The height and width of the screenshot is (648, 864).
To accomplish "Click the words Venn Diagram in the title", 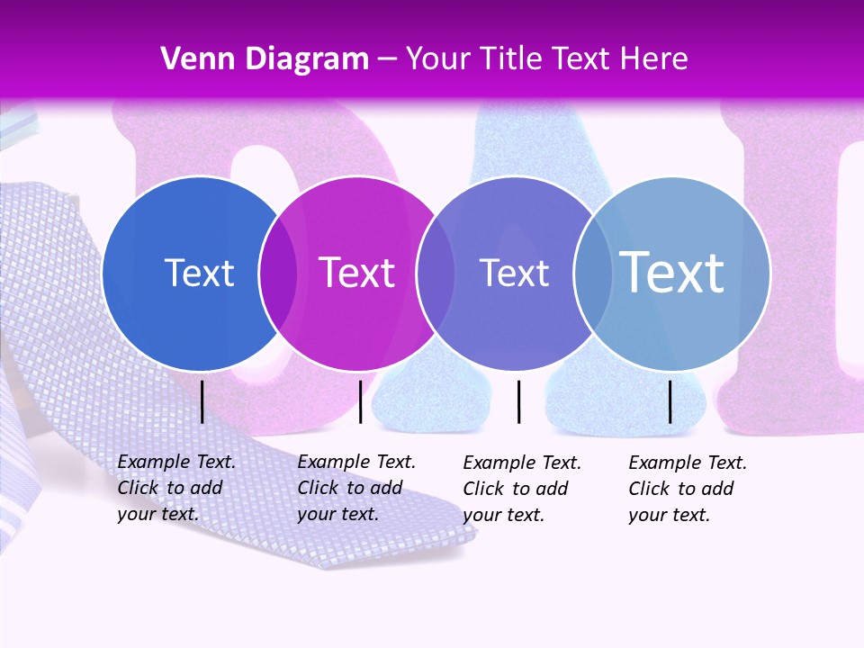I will pyautogui.click(x=265, y=59).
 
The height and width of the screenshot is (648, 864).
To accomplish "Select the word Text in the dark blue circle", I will pyautogui.click(x=199, y=273).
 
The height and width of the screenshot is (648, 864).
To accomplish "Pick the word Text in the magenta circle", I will pyautogui.click(x=357, y=273).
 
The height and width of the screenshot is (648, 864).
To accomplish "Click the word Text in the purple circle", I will pyautogui.click(x=514, y=273).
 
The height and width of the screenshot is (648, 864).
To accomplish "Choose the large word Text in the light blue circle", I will pyautogui.click(x=672, y=273).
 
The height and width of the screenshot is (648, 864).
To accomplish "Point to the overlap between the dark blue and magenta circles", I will pyautogui.click(x=278, y=273).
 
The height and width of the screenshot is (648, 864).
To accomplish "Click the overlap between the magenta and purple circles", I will pyautogui.click(x=436, y=273).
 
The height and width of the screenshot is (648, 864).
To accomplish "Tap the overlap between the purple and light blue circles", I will pyautogui.click(x=593, y=273).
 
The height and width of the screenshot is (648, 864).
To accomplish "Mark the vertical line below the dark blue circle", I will pyautogui.click(x=202, y=401).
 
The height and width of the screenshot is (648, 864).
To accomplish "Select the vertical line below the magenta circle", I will pyautogui.click(x=360, y=401).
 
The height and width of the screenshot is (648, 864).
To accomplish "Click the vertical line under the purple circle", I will pyautogui.click(x=519, y=401).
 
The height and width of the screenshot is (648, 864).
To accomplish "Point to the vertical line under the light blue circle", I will pyautogui.click(x=670, y=401).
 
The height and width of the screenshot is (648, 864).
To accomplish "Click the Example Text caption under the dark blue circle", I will pyautogui.click(x=176, y=488).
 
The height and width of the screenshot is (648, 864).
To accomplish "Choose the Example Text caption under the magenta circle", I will pyautogui.click(x=356, y=488).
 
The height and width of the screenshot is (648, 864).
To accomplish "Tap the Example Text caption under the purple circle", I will pyautogui.click(x=522, y=489).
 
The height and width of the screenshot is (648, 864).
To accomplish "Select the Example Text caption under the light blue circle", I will pyautogui.click(x=688, y=489).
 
